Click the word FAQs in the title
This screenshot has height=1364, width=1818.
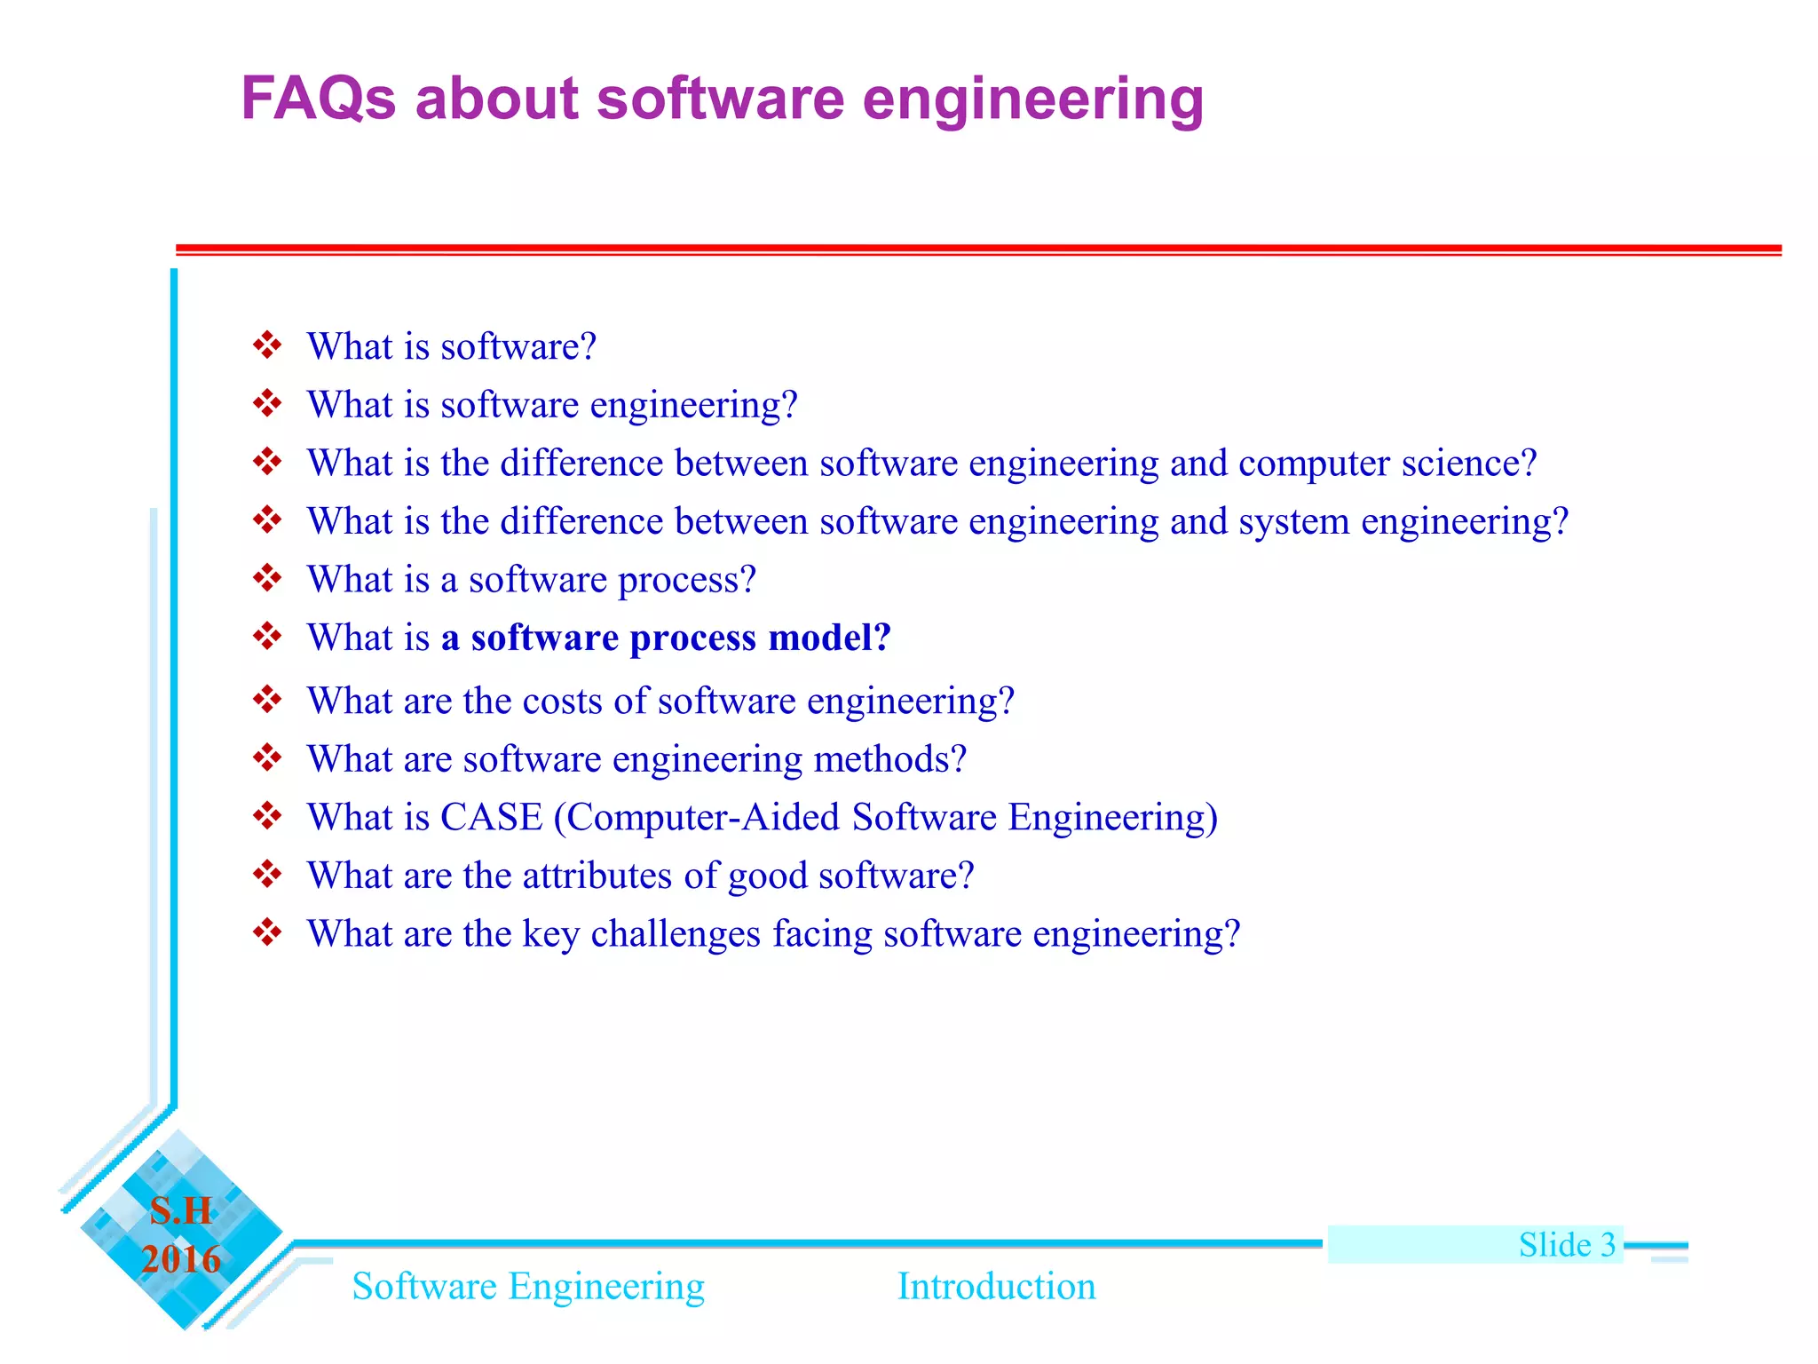pos(318,98)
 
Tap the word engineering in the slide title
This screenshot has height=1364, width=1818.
pos(1032,99)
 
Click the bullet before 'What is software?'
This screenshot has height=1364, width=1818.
pos(266,345)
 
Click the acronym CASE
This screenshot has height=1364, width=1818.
pos(491,817)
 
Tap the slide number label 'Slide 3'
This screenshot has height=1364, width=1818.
pos(1567,1244)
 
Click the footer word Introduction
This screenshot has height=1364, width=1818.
pos(996,1286)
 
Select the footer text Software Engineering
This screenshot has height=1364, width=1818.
pos(528,1287)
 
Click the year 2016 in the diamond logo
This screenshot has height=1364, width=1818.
pos(181,1259)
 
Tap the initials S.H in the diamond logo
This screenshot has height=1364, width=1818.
pos(181,1210)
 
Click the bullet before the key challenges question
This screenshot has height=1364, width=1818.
pos(266,932)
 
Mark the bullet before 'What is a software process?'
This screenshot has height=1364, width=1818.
pos(266,578)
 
